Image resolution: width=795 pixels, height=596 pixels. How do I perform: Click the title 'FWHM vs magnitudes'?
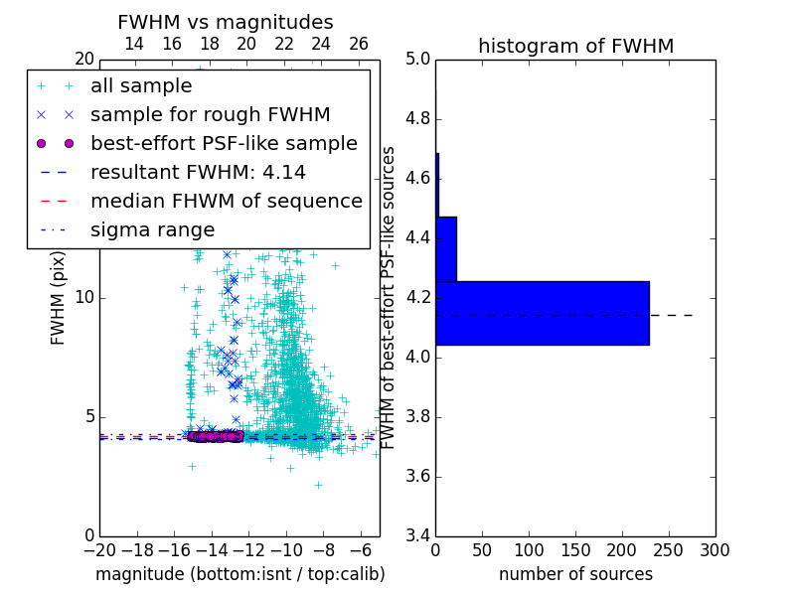click(x=226, y=22)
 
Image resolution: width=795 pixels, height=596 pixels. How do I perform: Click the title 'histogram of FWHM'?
click(x=575, y=46)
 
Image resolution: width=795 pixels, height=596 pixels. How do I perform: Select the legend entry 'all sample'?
click(x=141, y=86)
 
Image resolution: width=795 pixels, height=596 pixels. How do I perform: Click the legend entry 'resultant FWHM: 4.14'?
click(x=198, y=173)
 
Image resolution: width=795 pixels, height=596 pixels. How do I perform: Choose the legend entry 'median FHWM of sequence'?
click(x=226, y=202)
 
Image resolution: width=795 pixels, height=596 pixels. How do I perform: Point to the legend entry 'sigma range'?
click(x=152, y=230)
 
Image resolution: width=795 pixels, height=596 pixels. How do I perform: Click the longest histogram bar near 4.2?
click(x=542, y=313)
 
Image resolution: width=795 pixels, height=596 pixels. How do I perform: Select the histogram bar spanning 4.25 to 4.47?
click(x=446, y=249)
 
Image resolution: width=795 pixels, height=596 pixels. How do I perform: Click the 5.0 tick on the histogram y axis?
click(x=417, y=60)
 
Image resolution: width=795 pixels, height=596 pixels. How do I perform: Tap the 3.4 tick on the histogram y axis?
click(x=417, y=535)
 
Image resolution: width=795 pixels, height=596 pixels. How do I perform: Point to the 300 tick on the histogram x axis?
click(x=715, y=549)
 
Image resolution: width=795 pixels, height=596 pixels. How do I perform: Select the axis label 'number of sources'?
click(x=575, y=574)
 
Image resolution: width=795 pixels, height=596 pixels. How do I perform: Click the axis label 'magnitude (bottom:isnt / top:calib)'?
click(x=239, y=574)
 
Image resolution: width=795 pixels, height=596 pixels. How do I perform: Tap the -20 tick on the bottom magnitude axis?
click(x=99, y=549)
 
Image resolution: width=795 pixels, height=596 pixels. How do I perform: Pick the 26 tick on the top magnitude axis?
click(x=359, y=44)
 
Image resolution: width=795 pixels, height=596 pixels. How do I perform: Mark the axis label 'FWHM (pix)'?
click(x=59, y=298)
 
